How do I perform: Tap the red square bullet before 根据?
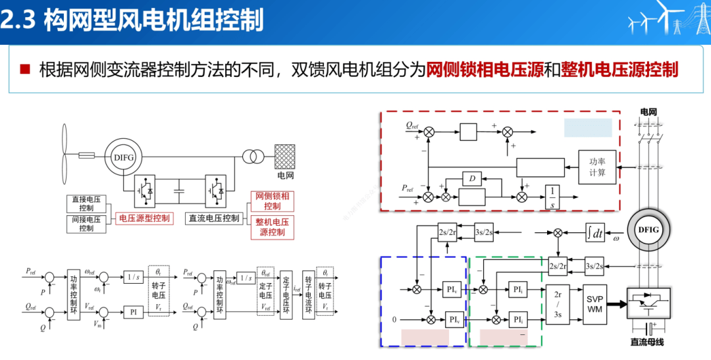pyautogui.click(x=26, y=69)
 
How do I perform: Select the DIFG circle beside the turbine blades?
pyautogui.click(x=124, y=156)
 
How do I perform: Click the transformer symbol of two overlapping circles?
pyautogui.click(x=253, y=157)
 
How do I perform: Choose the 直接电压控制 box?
pyautogui.click(x=86, y=203)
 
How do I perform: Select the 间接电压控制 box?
pyautogui.click(x=86, y=223)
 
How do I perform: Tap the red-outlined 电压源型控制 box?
pyautogui.click(x=143, y=218)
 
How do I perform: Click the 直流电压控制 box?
pyautogui.click(x=213, y=218)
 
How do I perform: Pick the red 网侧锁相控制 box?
pyautogui.click(x=272, y=201)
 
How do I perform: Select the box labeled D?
pyautogui.click(x=471, y=178)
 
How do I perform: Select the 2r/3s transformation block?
pyautogui.click(x=558, y=304)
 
